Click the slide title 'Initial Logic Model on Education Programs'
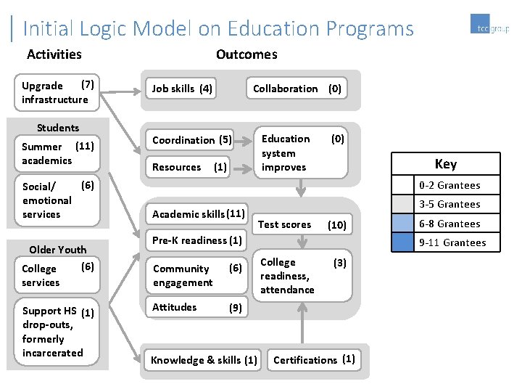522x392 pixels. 218,28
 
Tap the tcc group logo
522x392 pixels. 489,27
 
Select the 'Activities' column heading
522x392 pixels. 54,54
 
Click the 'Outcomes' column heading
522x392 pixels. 246,54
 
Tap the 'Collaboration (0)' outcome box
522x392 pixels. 297,89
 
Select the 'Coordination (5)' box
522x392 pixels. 191,139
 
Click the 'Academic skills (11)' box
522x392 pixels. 197,214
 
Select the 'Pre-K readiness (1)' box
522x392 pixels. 197,240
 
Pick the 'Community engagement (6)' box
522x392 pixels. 197,275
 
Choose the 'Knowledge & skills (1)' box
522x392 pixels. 203,360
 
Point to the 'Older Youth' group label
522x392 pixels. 58,250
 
